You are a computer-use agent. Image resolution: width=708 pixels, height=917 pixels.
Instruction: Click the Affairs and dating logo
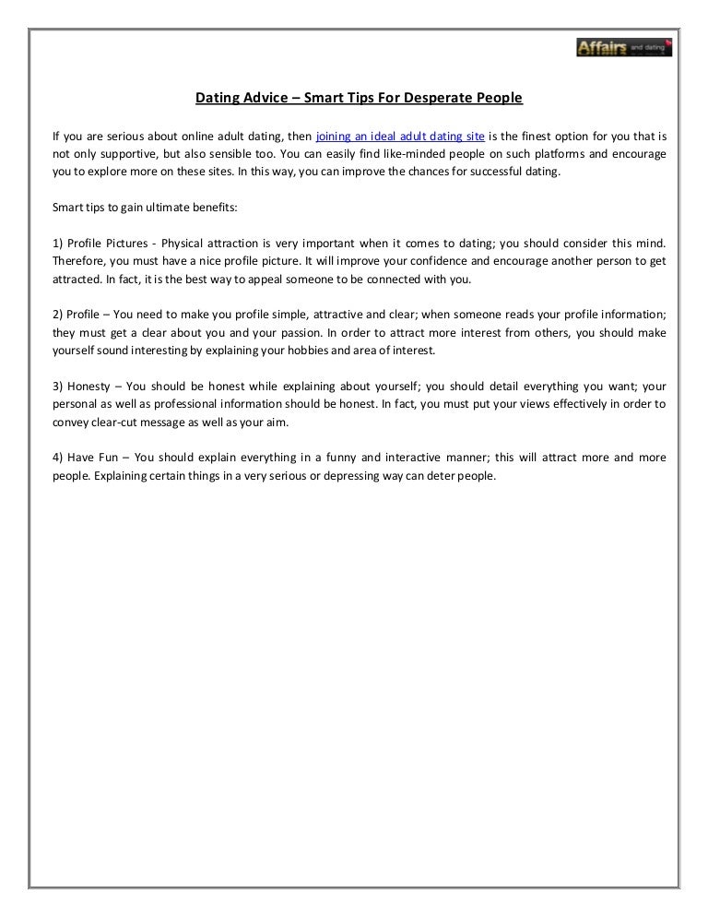(x=623, y=46)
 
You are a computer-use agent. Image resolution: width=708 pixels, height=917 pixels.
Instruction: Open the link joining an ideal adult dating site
(x=400, y=135)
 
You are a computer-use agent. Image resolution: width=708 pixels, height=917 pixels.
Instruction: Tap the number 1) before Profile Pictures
(x=58, y=243)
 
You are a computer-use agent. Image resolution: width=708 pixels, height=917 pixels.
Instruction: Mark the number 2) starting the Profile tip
(x=58, y=314)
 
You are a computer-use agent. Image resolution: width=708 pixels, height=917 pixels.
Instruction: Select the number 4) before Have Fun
(x=58, y=457)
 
